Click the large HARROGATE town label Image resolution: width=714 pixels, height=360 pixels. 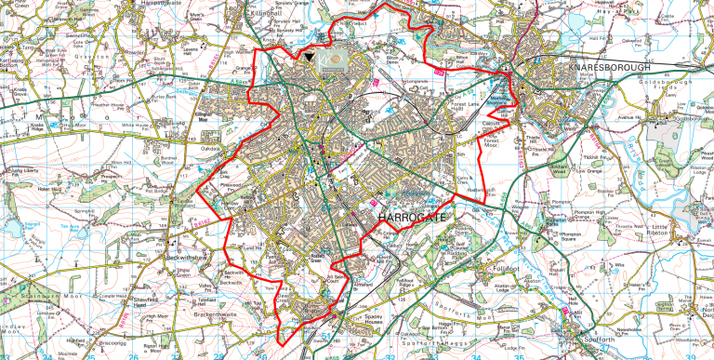click(413, 217)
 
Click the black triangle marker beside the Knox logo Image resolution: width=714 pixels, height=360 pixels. click(308, 59)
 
